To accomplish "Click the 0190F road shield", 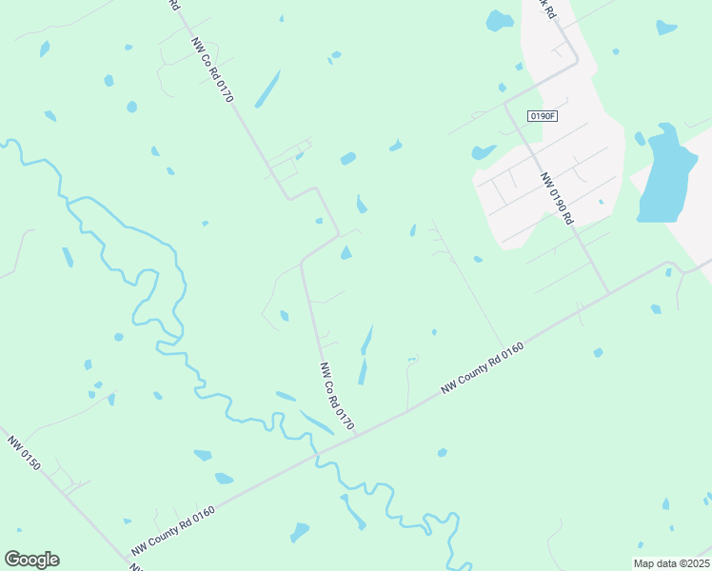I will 542,116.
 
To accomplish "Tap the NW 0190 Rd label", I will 556,198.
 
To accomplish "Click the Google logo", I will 31,560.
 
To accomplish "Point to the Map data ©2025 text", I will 671,563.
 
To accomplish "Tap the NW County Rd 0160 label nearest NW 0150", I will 173,530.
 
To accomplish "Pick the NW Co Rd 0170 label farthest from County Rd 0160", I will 212,70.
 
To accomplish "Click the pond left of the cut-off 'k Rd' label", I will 500,20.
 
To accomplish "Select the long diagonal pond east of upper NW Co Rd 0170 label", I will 267,88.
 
